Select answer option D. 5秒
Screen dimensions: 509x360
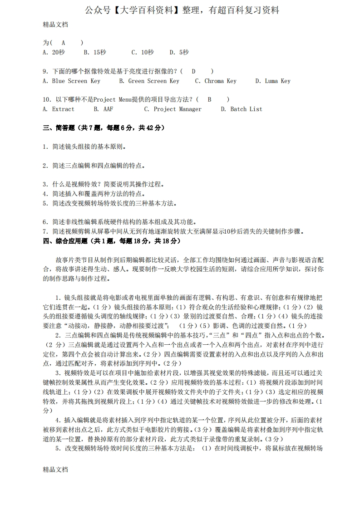179,53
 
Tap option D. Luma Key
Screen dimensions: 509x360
272,81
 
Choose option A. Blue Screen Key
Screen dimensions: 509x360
71,81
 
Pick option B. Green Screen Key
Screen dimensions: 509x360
149,81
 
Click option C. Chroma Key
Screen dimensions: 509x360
216,81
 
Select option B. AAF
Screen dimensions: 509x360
104,109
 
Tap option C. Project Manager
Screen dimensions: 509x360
173,109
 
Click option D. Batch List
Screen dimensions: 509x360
242,109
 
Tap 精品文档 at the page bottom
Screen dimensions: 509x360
55,470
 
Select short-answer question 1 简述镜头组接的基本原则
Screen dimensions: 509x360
84,147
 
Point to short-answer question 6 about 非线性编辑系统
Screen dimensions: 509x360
119,222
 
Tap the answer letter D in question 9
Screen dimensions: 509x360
193,71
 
